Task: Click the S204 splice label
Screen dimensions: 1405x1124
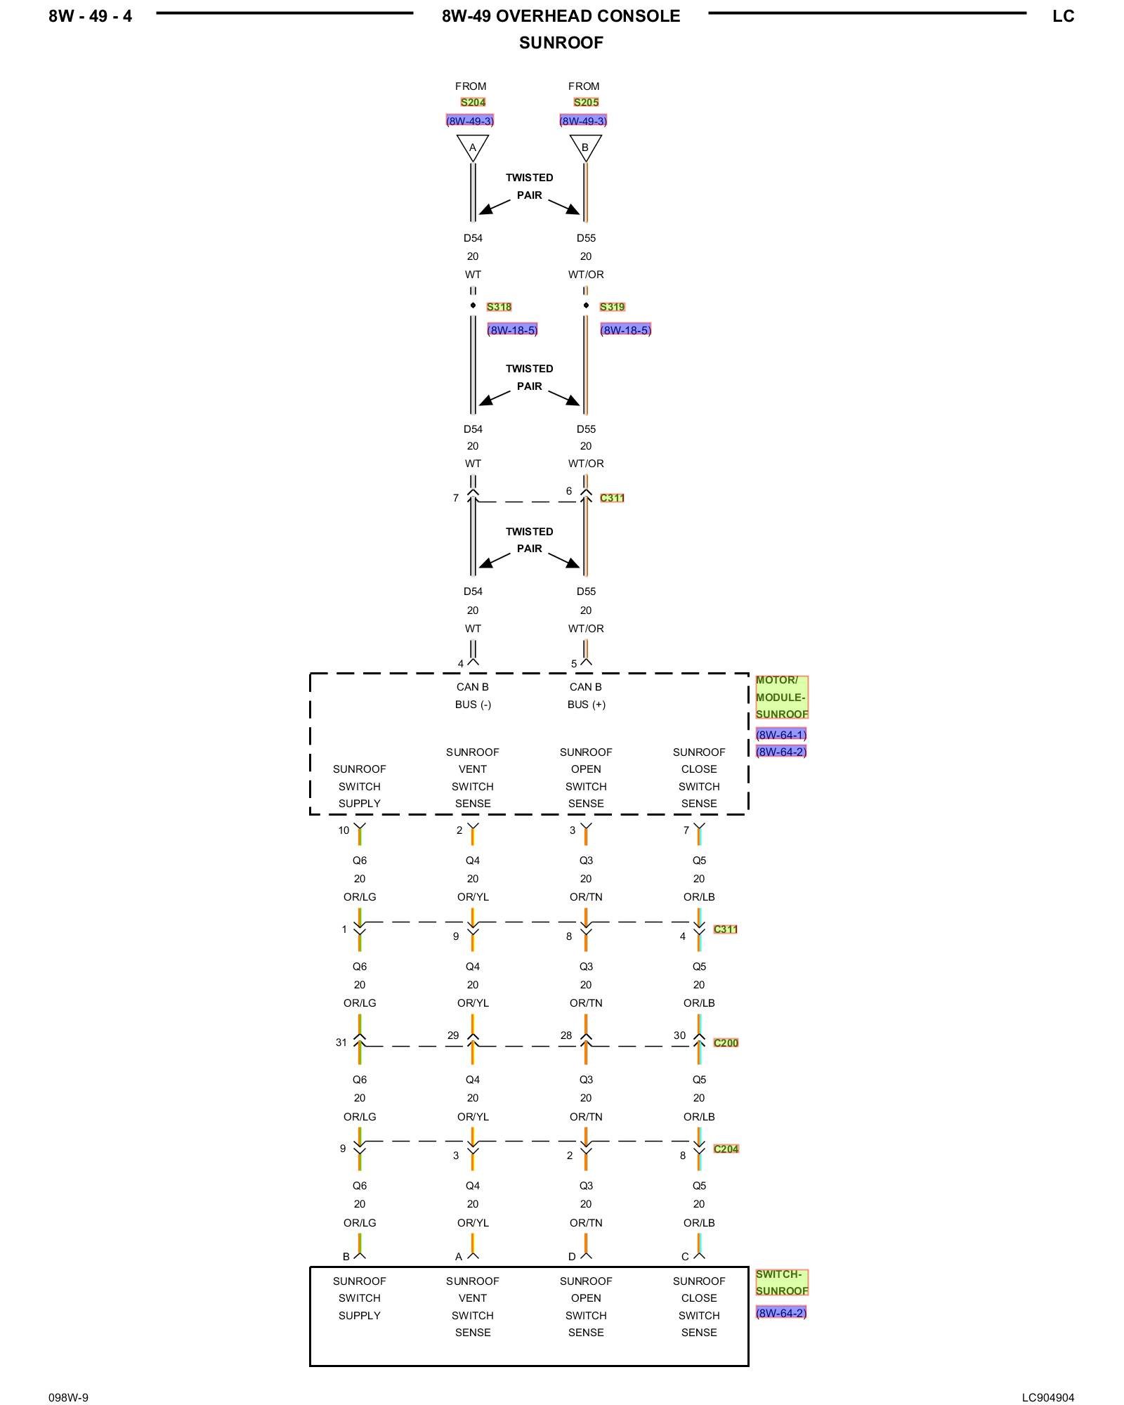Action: click(x=473, y=103)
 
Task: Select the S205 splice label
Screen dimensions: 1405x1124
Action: click(x=586, y=103)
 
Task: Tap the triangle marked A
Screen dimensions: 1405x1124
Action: click(x=473, y=146)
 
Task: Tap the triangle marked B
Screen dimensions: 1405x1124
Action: click(x=585, y=146)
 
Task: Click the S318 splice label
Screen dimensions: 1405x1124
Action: click(x=499, y=307)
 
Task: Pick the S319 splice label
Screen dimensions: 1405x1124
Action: click(x=612, y=307)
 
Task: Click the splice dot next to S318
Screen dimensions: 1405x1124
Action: click(x=473, y=305)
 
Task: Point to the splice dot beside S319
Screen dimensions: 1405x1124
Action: click(x=586, y=305)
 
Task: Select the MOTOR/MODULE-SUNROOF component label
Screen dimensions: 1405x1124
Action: click(x=781, y=697)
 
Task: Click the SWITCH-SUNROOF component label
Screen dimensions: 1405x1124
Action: click(x=781, y=1282)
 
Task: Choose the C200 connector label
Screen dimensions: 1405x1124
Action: click(x=726, y=1043)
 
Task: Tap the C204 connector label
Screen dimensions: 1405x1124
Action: click(x=726, y=1149)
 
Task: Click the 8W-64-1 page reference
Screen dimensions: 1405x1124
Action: click(x=781, y=735)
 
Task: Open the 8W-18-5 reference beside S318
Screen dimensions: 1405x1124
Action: click(x=512, y=330)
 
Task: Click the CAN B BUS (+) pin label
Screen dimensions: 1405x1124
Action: click(x=586, y=695)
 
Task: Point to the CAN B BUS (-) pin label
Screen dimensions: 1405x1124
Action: click(x=473, y=695)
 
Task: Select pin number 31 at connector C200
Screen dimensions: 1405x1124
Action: click(x=341, y=1043)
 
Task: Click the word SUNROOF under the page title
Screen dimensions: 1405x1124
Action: click(x=561, y=43)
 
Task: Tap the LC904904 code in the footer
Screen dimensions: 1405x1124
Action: click(x=1047, y=1397)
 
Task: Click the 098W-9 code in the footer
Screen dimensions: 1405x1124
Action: click(x=68, y=1397)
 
